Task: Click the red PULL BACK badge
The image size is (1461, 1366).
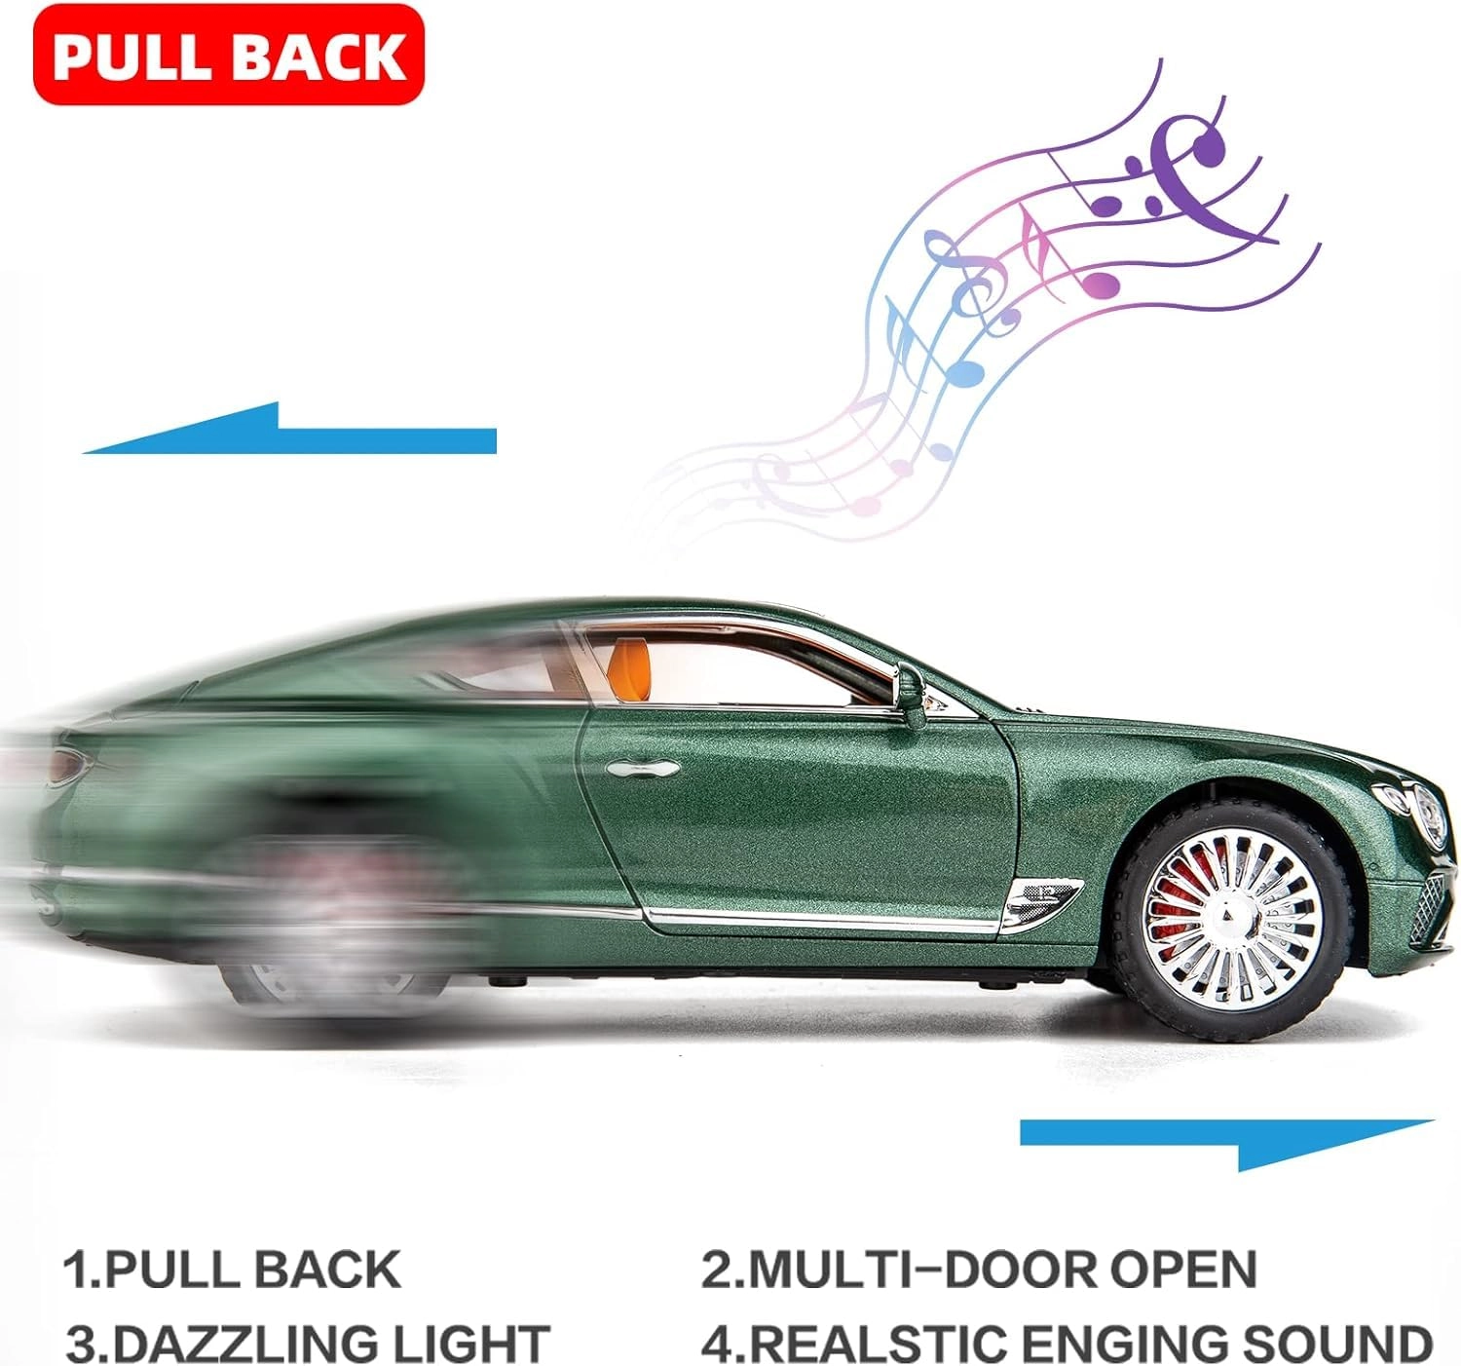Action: click(229, 55)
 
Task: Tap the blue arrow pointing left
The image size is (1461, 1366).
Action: click(289, 429)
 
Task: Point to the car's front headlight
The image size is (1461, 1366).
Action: click(1417, 815)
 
